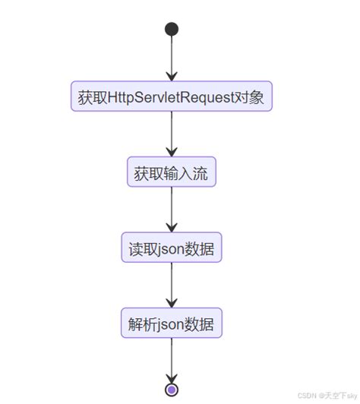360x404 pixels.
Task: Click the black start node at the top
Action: point(172,29)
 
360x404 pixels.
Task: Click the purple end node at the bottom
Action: point(172,390)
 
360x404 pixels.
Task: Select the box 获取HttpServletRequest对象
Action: point(172,97)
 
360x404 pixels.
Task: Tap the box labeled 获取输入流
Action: point(172,172)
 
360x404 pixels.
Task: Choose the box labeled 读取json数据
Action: point(172,248)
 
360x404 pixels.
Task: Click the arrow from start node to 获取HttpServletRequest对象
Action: point(172,57)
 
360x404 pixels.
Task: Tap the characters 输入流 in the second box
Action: point(186,172)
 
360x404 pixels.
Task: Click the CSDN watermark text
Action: point(329,396)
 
